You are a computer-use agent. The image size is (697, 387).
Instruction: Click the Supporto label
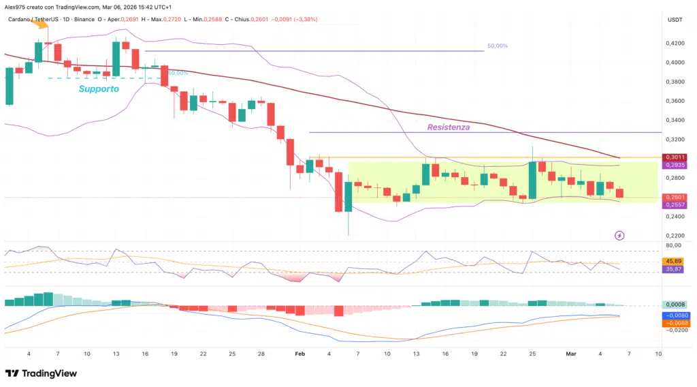click(99, 89)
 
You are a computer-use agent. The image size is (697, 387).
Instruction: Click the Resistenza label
click(448, 127)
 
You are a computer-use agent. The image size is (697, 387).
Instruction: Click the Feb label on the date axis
click(299, 354)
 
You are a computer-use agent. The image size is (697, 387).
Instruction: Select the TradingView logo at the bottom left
click(41, 373)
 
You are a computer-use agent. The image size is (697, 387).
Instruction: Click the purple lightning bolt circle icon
click(619, 235)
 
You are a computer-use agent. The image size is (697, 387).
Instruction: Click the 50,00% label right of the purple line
click(497, 46)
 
